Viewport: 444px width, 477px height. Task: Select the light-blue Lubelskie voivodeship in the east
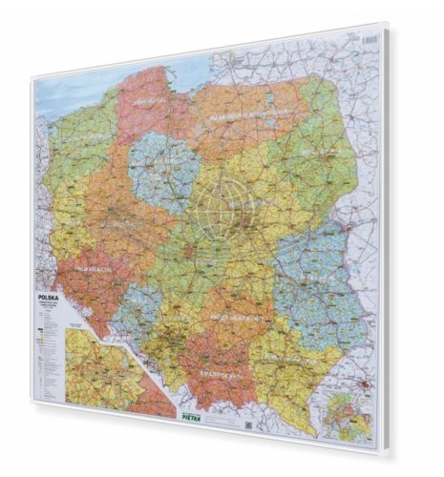(x=315, y=277)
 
